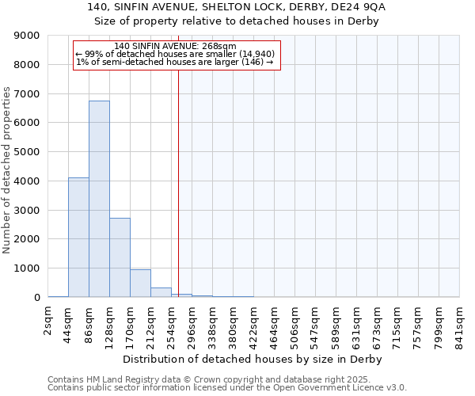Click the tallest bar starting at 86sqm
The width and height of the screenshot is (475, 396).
pyautogui.click(x=99, y=199)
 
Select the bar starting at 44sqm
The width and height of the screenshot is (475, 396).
pyautogui.click(x=78, y=238)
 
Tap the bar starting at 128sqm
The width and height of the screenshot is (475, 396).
pyautogui.click(x=120, y=257)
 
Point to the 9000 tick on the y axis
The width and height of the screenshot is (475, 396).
pyautogui.click(x=27, y=36)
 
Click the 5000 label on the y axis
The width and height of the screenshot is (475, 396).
pyautogui.click(x=27, y=152)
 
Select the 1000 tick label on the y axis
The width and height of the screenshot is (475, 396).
pyautogui.click(x=27, y=268)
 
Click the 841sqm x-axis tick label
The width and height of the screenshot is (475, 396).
pyautogui.click(x=460, y=325)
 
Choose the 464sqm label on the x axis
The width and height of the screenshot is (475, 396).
pyautogui.click(x=275, y=325)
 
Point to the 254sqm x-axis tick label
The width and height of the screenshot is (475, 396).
pyautogui.click(x=172, y=325)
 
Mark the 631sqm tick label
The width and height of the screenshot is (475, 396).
pyautogui.click(x=357, y=325)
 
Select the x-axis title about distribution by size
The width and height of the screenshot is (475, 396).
pyautogui.click(x=253, y=360)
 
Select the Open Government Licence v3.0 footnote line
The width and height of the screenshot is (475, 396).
pyautogui.click(x=227, y=387)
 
